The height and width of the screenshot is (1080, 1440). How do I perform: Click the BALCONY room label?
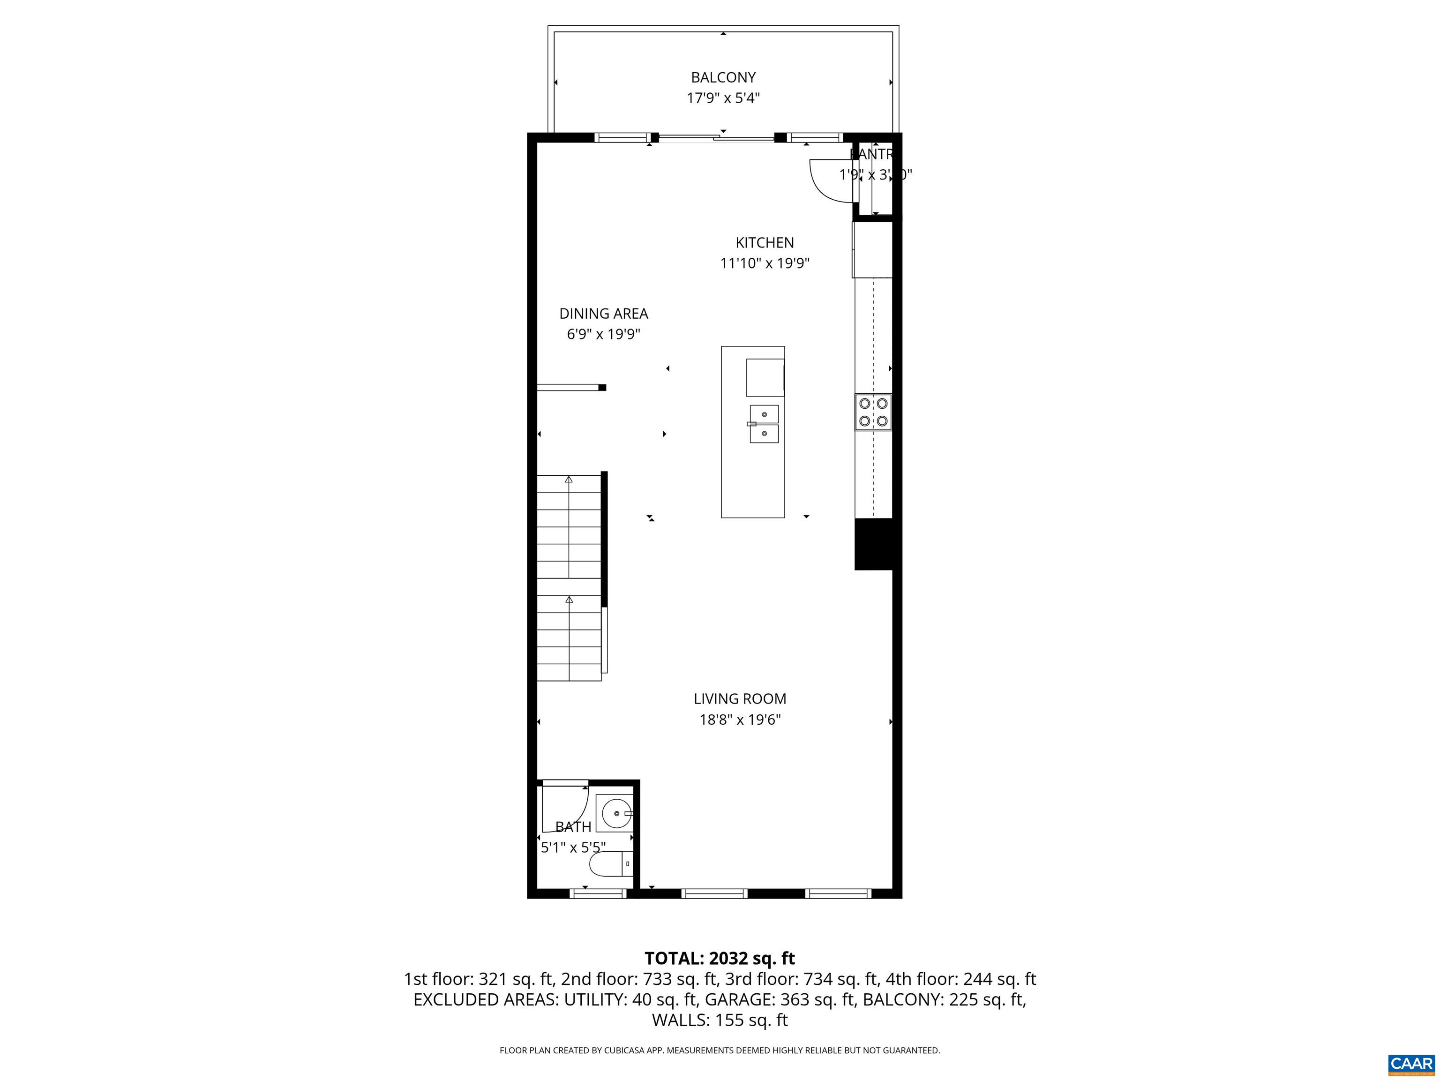pyautogui.click(x=723, y=77)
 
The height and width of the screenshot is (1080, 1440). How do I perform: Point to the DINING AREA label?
pyautogui.click(x=603, y=314)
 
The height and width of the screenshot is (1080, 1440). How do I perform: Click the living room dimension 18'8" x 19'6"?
pyautogui.click(x=740, y=720)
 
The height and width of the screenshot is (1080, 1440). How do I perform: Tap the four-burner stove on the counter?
pyautogui.click(x=873, y=412)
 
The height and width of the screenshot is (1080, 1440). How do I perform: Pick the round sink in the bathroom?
pyautogui.click(x=614, y=814)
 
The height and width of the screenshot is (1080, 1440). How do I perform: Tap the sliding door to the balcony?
pyautogui.click(x=716, y=137)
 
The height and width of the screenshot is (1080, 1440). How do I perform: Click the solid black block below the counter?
pyautogui.click(x=874, y=544)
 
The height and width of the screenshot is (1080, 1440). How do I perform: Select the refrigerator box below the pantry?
pyautogui.click(x=872, y=250)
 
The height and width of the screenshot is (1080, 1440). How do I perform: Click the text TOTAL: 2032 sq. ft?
pyautogui.click(x=720, y=958)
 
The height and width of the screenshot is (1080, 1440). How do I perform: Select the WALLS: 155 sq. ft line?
pyautogui.click(x=720, y=1020)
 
